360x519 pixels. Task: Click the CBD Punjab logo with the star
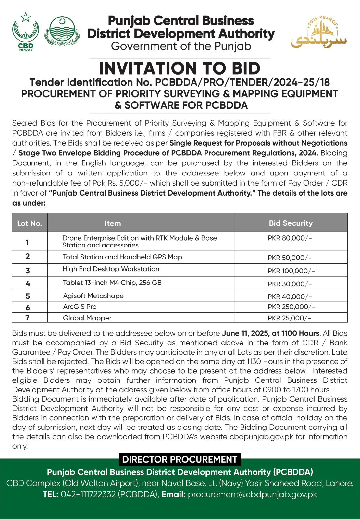coord(25,31)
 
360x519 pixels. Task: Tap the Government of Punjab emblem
coord(62,31)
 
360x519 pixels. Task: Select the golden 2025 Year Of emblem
coord(319,32)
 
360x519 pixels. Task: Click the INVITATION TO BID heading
coord(180,68)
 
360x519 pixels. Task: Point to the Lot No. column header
coord(30,223)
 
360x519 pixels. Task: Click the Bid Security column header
coord(291,223)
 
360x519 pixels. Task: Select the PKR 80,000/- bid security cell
coord(290,238)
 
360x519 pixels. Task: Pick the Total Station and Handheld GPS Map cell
coord(122,257)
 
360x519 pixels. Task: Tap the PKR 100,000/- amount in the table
coord(291,271)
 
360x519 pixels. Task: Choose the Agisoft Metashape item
coord(93,296)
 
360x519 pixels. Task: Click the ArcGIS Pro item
coord(80,307)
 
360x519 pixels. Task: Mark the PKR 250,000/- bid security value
coord(291,307)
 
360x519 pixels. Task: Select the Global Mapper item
coord(87,318)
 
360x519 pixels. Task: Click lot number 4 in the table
coord(28,284)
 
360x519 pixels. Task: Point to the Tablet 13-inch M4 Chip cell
coord(112,283)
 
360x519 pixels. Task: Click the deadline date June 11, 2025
coord(245,333)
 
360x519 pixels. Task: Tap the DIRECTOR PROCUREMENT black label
coord(180,459)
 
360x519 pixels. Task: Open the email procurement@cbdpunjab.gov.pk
coord(252,494)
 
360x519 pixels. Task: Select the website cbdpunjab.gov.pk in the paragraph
coord(261,437)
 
